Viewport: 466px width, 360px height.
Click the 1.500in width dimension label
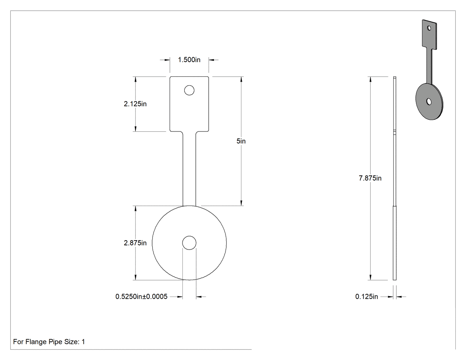189,60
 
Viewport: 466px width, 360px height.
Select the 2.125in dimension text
135,104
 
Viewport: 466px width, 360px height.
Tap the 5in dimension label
241,141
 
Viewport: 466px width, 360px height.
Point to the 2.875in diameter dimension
135,243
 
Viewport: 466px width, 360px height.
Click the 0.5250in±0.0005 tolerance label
142,297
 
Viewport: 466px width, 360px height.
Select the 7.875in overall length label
370,178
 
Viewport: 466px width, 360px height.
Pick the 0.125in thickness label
367,297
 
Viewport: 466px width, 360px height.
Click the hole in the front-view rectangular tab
190,90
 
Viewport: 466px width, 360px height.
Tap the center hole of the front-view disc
190,243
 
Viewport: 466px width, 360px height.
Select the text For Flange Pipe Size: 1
49,341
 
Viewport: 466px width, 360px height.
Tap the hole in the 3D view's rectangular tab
429,28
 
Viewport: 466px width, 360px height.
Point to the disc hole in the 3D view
429,102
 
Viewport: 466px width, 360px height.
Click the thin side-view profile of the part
395,178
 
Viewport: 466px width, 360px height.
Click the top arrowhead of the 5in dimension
241,79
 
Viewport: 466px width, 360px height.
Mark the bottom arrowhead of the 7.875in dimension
370,277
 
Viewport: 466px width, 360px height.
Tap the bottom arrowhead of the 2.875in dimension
135,277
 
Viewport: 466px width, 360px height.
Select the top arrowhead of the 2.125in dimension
135,79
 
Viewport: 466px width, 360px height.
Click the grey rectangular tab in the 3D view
430,35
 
